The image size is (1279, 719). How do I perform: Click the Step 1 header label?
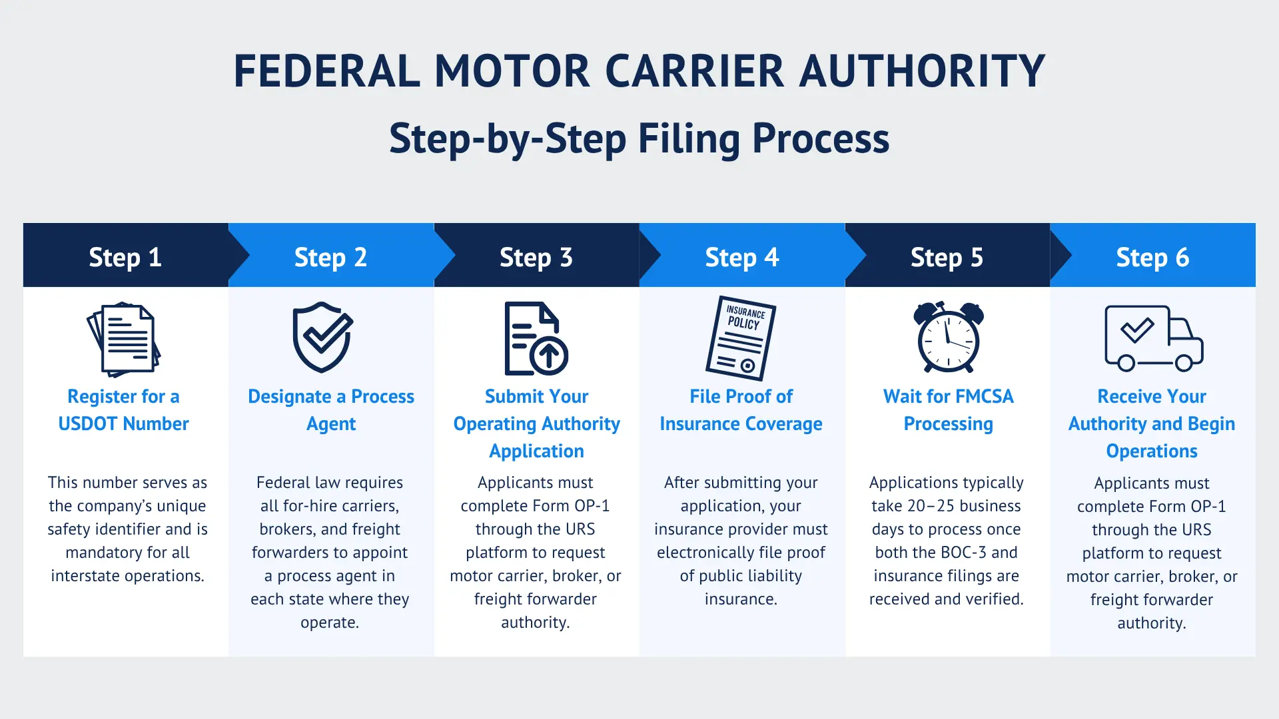125,257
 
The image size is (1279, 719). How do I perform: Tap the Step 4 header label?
741,257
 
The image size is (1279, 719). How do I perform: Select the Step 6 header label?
1152,257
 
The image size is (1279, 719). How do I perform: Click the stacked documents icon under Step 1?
124,339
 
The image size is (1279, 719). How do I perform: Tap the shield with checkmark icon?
323,337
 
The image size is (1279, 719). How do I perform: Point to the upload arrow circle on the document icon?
549,355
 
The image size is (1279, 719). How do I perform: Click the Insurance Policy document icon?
741,338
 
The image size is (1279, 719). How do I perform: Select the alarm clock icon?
948,338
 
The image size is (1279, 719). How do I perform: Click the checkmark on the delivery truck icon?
1136,330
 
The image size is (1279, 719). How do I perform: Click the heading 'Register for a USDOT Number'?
124,409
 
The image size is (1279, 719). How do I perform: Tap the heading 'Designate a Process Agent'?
330,409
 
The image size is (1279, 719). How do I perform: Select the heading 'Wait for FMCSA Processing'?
948,409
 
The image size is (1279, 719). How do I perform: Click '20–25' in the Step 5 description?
931,506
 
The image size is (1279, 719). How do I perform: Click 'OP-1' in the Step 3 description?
592,506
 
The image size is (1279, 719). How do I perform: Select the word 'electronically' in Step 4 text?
707,553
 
